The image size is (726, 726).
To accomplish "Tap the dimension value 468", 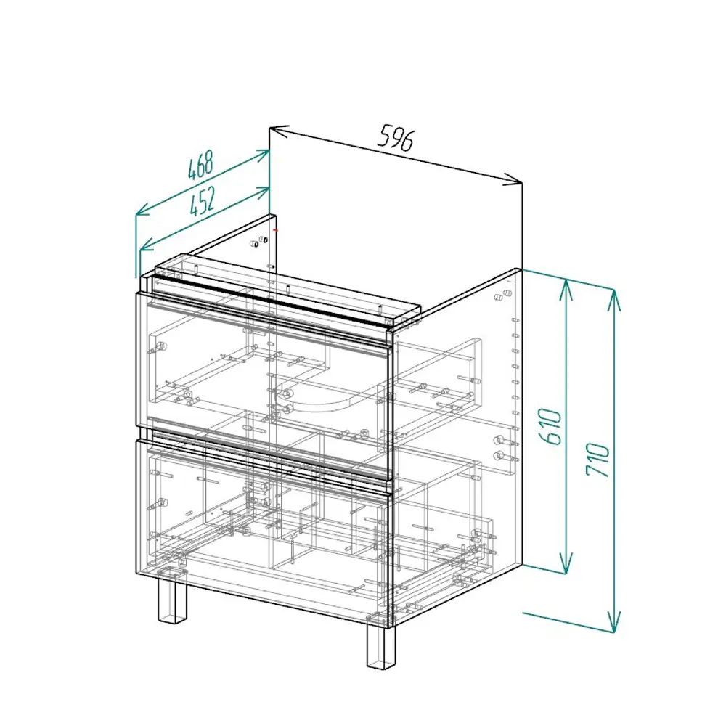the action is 200,165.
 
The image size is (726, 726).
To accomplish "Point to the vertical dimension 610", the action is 552,426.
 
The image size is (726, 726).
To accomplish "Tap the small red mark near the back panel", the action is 275,229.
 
